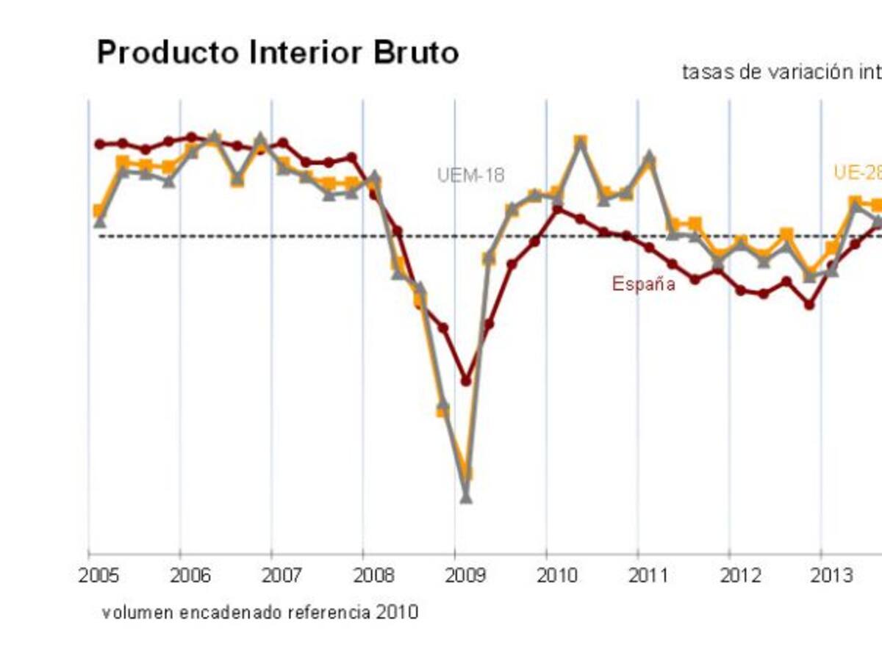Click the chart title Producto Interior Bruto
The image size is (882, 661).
click(x=278, y=53)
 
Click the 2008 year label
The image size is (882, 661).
click(x=373, y=575)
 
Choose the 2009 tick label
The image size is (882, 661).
click(x=465, y=575)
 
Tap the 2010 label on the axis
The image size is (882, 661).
click(x=556, y=575)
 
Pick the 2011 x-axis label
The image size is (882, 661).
click(x=648, y=575)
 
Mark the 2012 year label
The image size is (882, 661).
click(x=739, y=575)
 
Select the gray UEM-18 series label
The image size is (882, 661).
click(x=470, y=176)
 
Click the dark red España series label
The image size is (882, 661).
click(x=643, y=284)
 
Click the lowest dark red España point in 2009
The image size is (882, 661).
click(x=466, y=380)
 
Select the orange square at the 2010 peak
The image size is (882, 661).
click(x=580, y=140)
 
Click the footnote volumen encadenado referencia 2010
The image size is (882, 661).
click(x=260, y=612)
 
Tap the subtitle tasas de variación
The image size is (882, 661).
click(x=781, y=73)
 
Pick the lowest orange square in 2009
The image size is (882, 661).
click(x=465, y=474)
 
